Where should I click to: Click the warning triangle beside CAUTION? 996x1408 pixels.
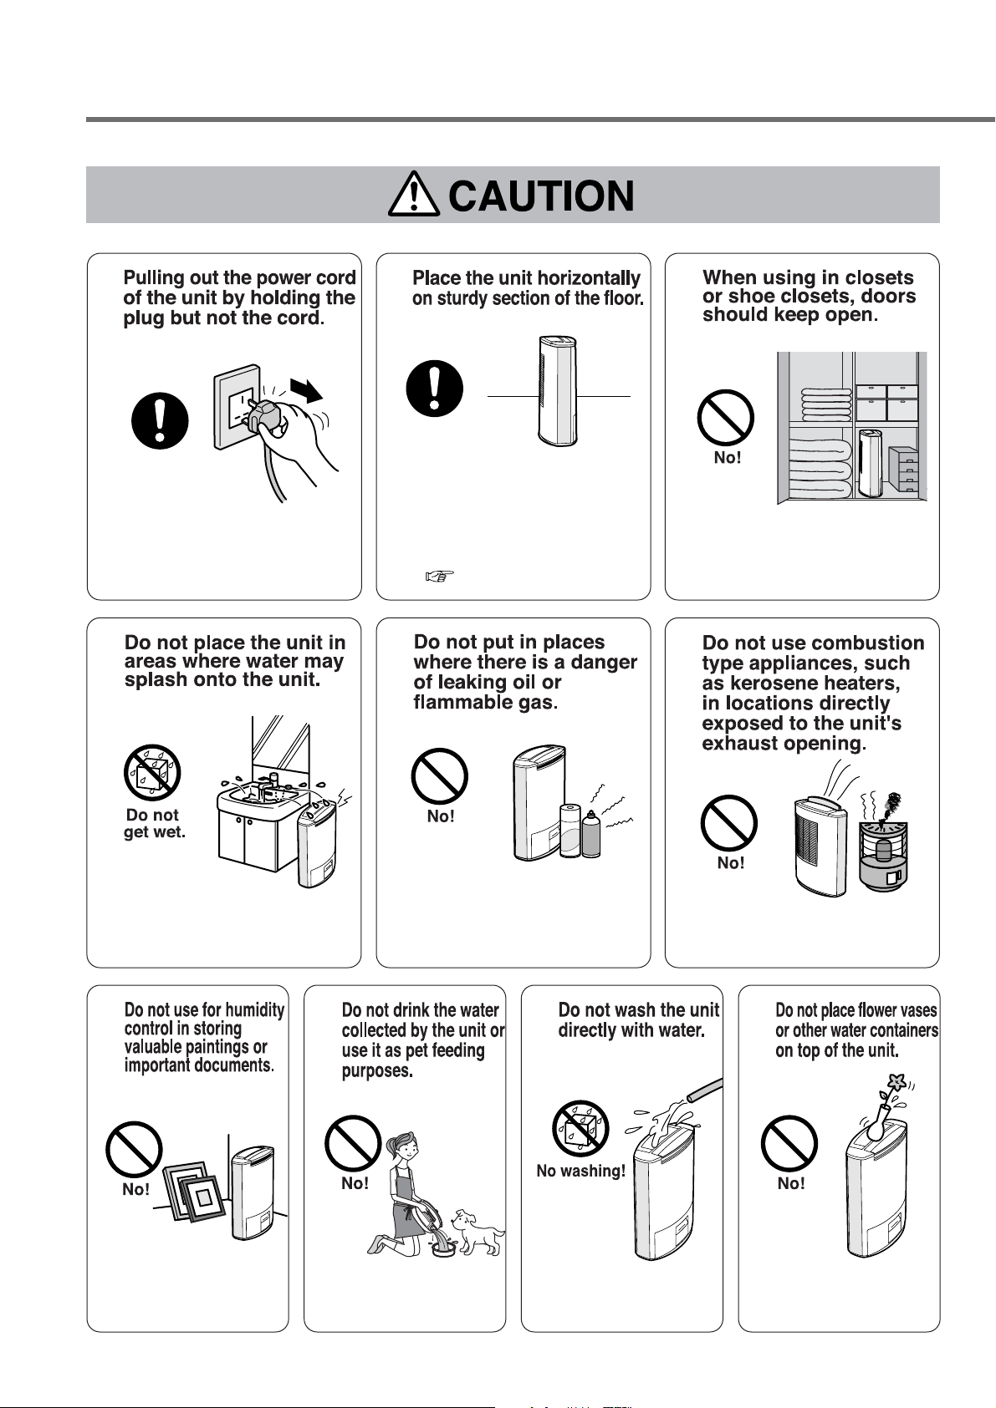coord(413,194)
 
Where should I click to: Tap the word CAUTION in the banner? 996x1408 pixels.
coord(541,196)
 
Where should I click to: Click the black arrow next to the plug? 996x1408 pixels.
coord(306,389)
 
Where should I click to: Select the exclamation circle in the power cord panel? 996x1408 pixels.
coord(160,420)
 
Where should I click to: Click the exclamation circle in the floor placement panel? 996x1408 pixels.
coord(435,389)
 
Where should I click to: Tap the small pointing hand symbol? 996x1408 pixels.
coord(440,575)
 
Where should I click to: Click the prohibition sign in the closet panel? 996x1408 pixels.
coord(725,418)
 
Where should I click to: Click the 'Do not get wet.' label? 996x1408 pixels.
coord(154,823)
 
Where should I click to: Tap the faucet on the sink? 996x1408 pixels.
coord(273,783)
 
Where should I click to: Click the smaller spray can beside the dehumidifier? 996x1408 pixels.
coord(591,834)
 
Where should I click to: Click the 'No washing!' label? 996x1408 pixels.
coord(580,1171)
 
